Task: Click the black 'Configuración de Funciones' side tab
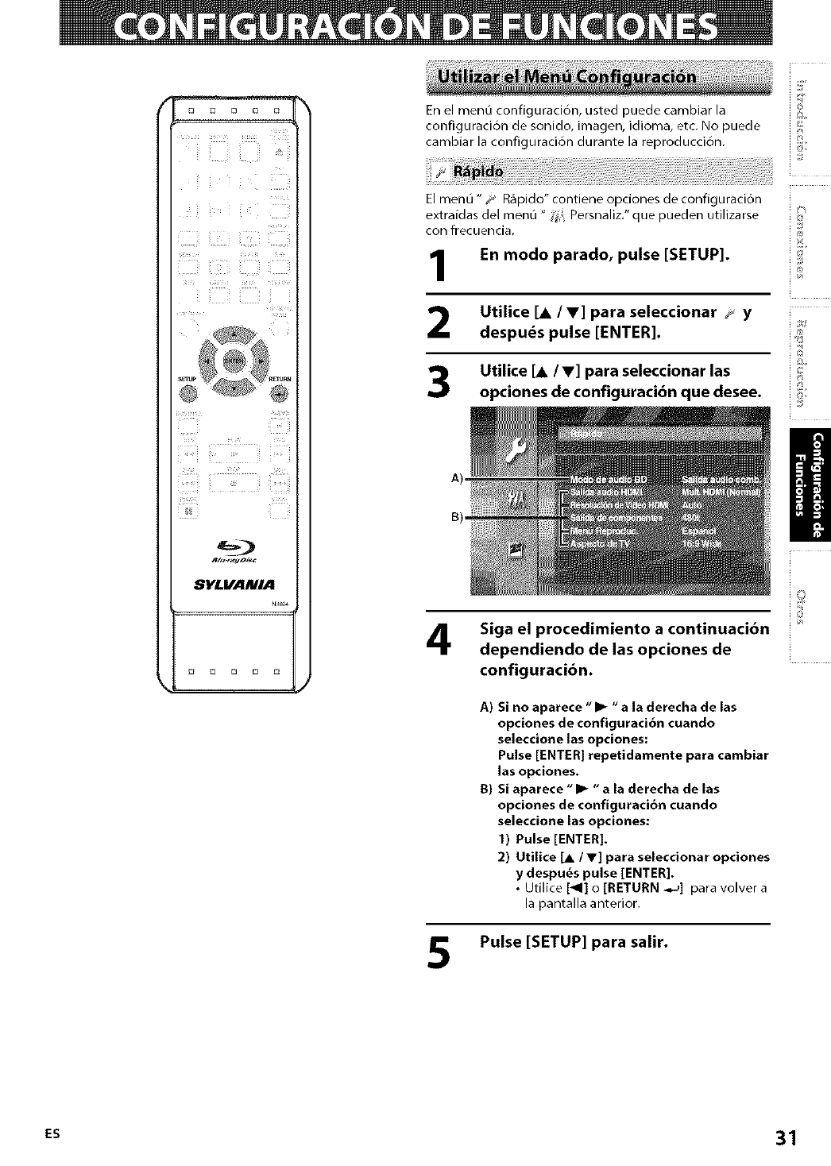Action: (810, 484)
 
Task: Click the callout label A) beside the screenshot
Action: (456, 479)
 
